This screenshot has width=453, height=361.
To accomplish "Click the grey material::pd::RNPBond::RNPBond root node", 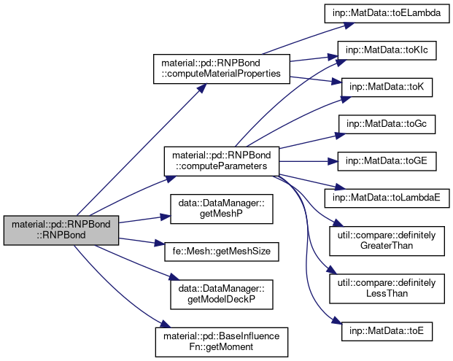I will pos(61,230).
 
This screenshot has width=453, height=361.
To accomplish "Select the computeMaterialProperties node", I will pos(220,69).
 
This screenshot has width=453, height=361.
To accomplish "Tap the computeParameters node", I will pos(220,160).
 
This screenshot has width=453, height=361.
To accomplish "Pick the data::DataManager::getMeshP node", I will pos(220,209).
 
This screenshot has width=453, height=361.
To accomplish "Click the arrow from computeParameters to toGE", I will pos(306,160).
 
